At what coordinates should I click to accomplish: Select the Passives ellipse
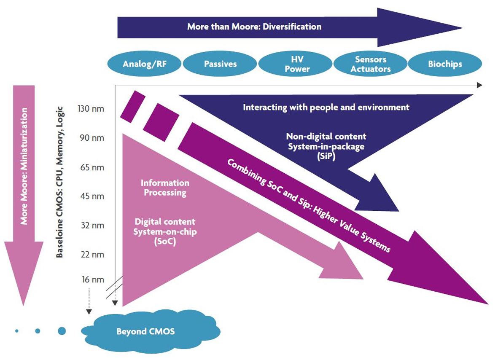(220, 64)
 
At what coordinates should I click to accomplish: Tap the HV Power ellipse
(297, 64)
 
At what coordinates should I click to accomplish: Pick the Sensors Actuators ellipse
(371, 64)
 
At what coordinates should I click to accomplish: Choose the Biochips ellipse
(445, 64)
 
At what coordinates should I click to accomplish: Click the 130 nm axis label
(91, 109)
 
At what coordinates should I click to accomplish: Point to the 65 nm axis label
(92, 167)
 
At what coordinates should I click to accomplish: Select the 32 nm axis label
(92, 226)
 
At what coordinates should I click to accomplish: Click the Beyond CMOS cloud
(145, 331)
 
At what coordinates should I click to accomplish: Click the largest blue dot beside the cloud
(62, 331)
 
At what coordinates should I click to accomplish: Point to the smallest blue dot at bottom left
(17, 331)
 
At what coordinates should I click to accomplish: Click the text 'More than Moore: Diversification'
(254, 27)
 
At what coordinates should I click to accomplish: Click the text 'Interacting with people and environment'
(326, 107)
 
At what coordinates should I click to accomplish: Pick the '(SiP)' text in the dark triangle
(326, 155)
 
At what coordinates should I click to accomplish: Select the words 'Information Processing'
(165, 188)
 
